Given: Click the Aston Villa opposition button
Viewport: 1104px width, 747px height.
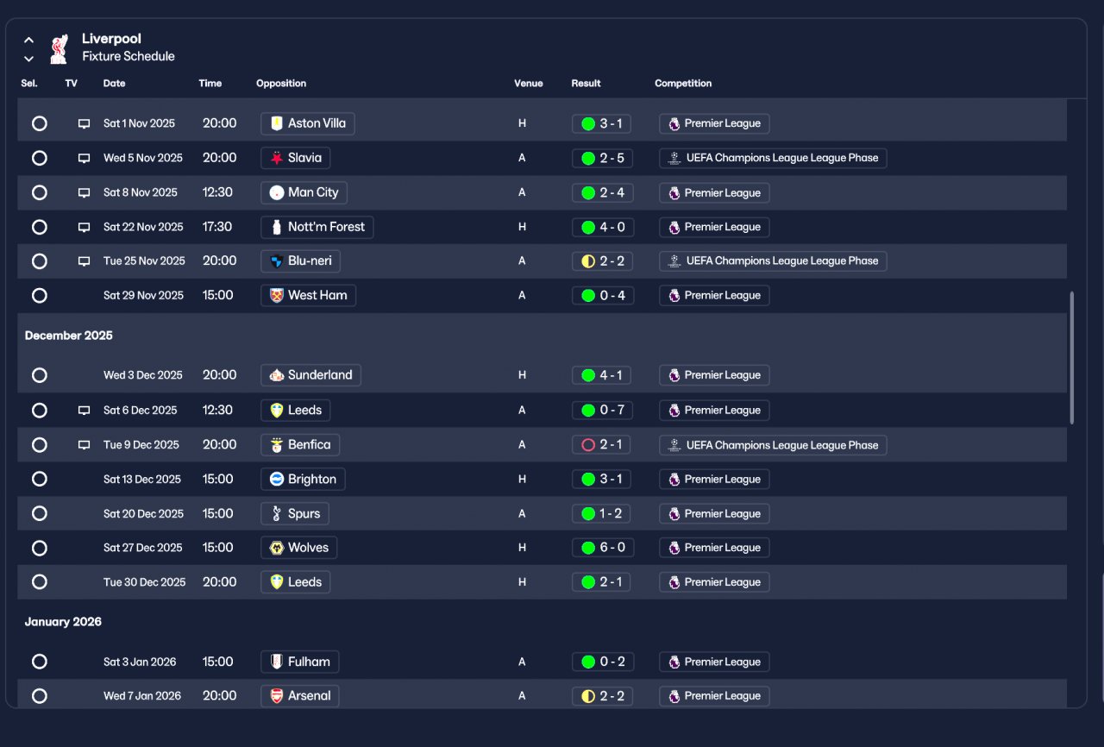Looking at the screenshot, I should (307, 123).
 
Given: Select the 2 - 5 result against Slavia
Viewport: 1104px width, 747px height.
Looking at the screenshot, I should (602, 158).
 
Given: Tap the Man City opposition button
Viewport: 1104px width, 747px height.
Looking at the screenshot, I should (304, 192).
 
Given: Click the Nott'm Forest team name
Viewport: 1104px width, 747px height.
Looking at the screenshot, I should (326, 227).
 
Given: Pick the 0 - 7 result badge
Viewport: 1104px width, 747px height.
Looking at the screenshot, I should (602, 411).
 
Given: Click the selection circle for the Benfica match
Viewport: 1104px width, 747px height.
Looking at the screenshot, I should (39, 445).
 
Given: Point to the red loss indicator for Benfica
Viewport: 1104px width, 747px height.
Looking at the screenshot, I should (588, 445).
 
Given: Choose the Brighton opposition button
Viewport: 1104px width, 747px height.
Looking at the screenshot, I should (303, 480).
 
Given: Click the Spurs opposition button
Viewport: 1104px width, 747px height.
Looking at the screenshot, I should (294, 514).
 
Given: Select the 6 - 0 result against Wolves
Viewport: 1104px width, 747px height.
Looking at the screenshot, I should (602, 548).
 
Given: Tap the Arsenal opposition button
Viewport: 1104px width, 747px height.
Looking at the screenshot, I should (299, 696).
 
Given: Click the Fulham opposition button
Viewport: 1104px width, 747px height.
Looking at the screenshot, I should (299, 662).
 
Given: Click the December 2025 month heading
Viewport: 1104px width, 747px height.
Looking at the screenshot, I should (69, 336).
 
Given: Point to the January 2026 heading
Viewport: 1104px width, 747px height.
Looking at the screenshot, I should (63, 622).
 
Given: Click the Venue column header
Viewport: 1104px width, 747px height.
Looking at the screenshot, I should (529, 84).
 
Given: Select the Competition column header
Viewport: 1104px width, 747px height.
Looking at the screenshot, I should (683, 84).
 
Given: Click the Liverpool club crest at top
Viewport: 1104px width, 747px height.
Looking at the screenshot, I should (59, 48).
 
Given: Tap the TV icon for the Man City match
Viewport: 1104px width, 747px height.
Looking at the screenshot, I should (84, 192).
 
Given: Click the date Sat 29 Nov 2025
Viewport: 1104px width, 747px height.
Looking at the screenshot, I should (143, 296).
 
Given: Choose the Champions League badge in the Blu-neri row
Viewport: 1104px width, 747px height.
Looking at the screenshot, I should (773, 261).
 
